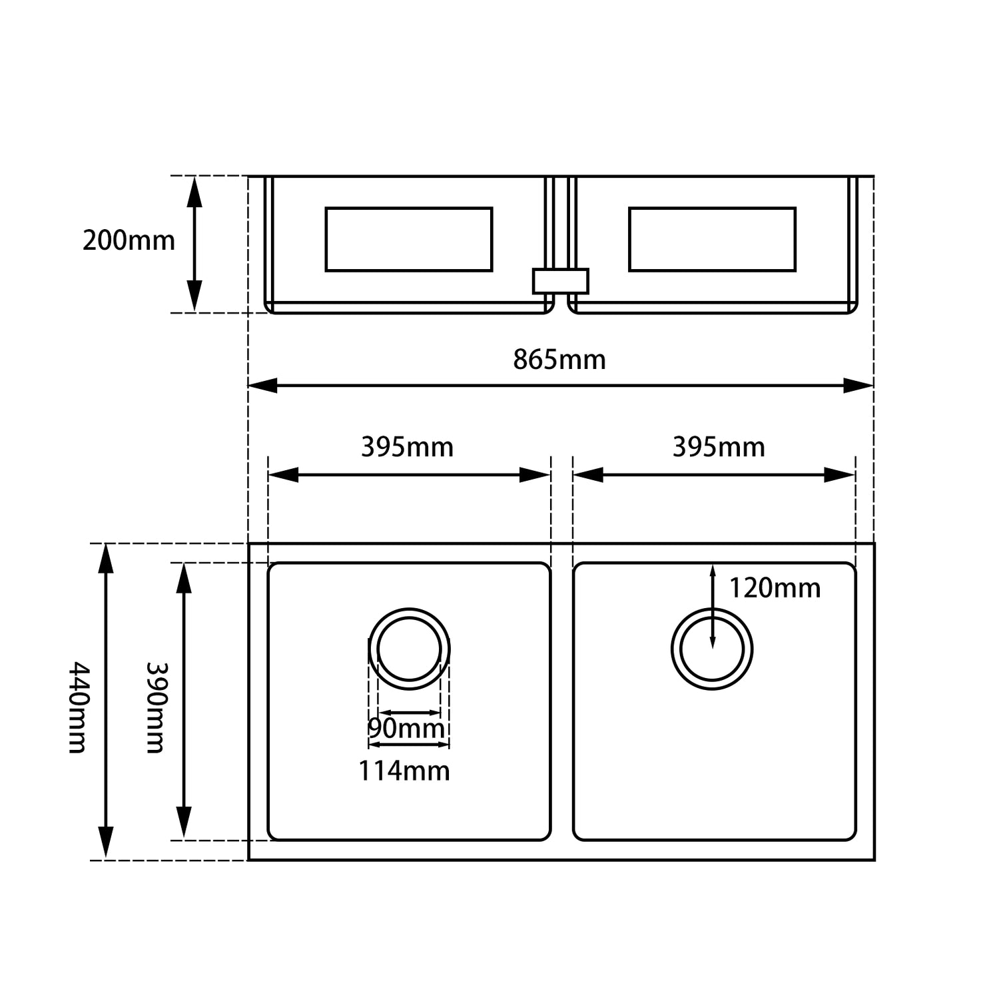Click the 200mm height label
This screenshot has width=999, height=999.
[x=129, y=240]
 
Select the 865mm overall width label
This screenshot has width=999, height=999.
[x=559, y=360]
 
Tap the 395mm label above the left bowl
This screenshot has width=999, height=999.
[x=407, y=447]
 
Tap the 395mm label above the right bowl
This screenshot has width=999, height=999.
[x=719, y=447]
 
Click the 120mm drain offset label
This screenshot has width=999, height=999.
[x=775, y=588]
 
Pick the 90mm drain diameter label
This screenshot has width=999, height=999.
[x=406, y=729]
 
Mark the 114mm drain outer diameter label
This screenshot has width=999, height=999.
[x=404, y=771]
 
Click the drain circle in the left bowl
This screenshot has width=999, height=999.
[x=409, y=649]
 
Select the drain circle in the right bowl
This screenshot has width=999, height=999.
[x=712, y=649]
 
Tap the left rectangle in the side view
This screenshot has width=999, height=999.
[x=409, y=239]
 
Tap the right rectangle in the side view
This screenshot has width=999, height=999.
[x=712, y=239]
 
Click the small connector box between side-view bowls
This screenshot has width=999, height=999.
[x=560, y=281]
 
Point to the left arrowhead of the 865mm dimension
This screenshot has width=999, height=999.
[x=262, y=385]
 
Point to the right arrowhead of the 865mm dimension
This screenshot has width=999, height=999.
[x=859, y=385]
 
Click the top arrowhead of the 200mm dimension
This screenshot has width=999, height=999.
[x=194, y=190]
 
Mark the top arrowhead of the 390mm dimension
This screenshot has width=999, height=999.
[x=184, y=578]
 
